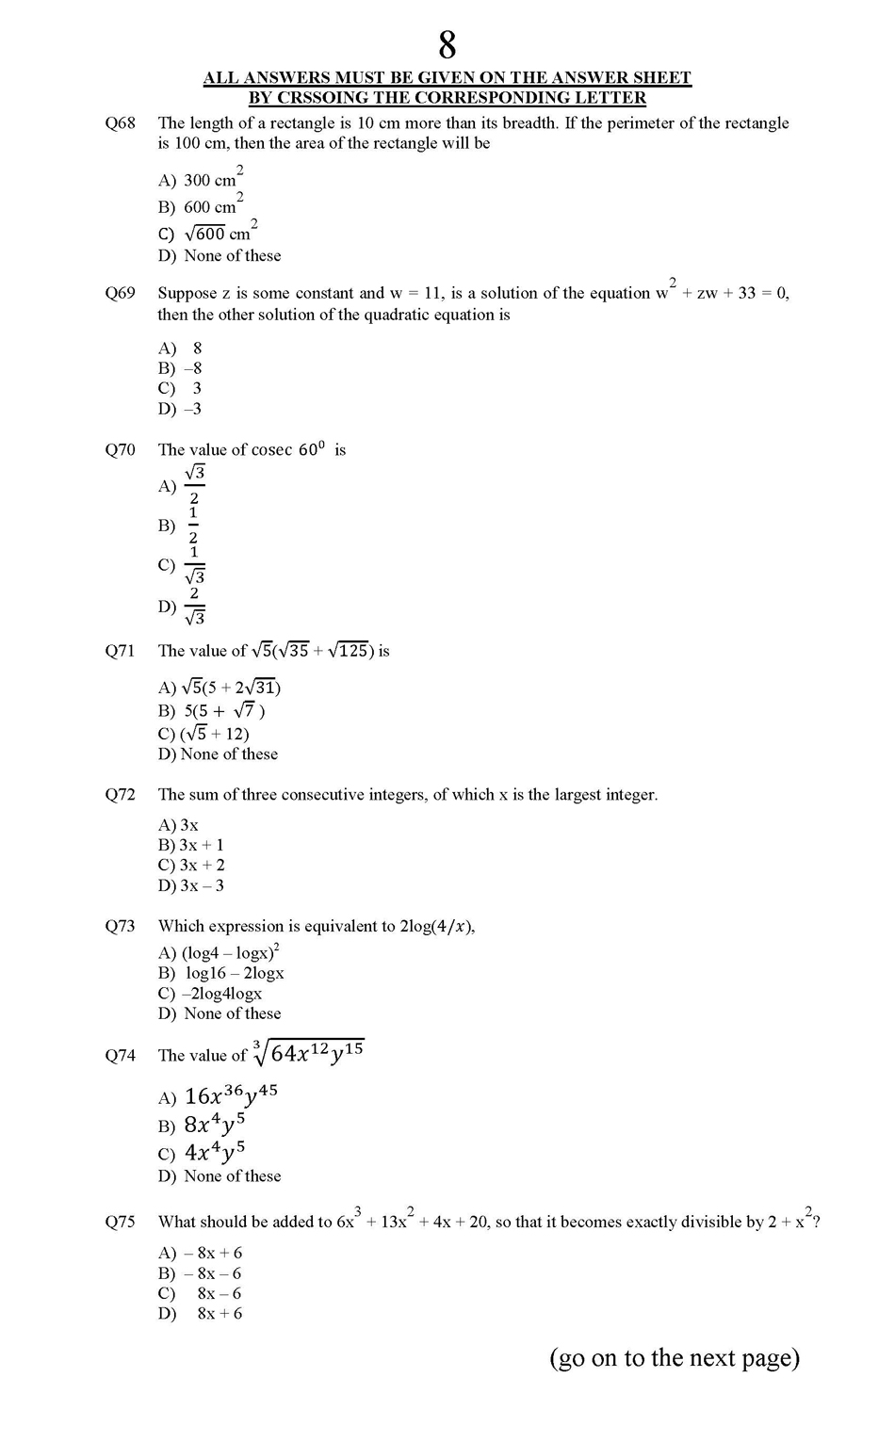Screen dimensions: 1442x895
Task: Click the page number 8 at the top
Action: (447, 44)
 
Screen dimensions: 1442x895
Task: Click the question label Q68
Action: (120, 123)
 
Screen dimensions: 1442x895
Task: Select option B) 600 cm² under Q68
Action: (200, 206)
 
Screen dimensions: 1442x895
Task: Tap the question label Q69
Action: (120, 293)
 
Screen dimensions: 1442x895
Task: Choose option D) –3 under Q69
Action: (180, 409)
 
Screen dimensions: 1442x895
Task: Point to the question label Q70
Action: (120, 450)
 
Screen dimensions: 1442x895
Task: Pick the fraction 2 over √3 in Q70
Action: (194, 606)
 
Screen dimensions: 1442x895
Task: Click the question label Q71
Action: (120, 651)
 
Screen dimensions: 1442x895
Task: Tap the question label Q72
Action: (120, 795)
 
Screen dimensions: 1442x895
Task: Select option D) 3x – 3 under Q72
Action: (191, 885)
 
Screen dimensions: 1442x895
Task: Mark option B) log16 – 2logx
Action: (221, 973)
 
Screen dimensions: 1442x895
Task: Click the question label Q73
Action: (120, 927)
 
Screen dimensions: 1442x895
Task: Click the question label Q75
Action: (120, 1223)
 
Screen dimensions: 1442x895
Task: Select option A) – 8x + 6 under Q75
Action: (201, 1253)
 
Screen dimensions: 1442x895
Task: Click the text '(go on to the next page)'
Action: (675, 1357)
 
